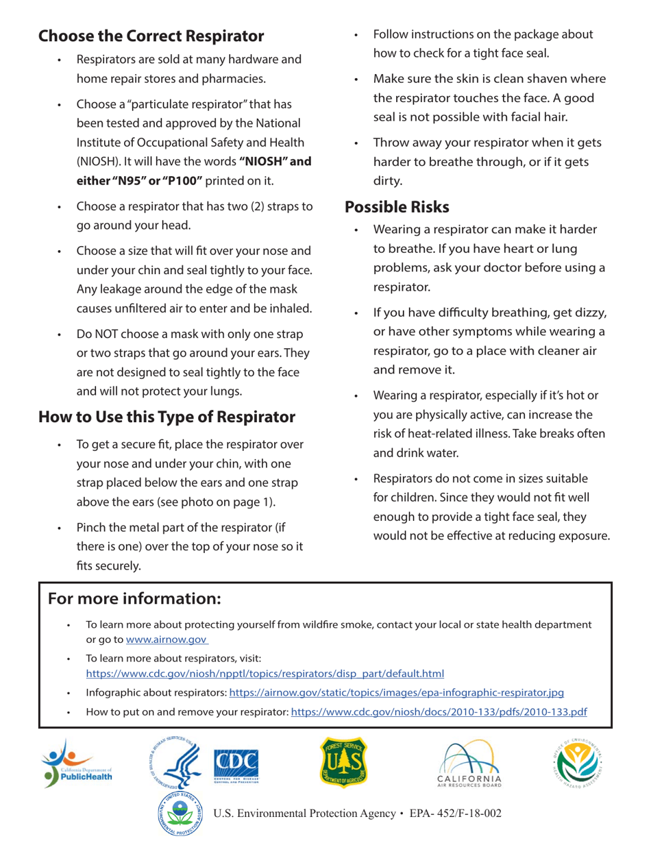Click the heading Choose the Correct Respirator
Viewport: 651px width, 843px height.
click(151, 35)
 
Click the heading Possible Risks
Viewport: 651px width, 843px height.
click(397, 206)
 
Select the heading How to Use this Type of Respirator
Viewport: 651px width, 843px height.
click(167, 416)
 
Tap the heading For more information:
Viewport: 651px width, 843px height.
click(134, 598)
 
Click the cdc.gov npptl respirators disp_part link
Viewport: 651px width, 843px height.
click(265, 673)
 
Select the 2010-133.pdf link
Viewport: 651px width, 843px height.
click(439, 711)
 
